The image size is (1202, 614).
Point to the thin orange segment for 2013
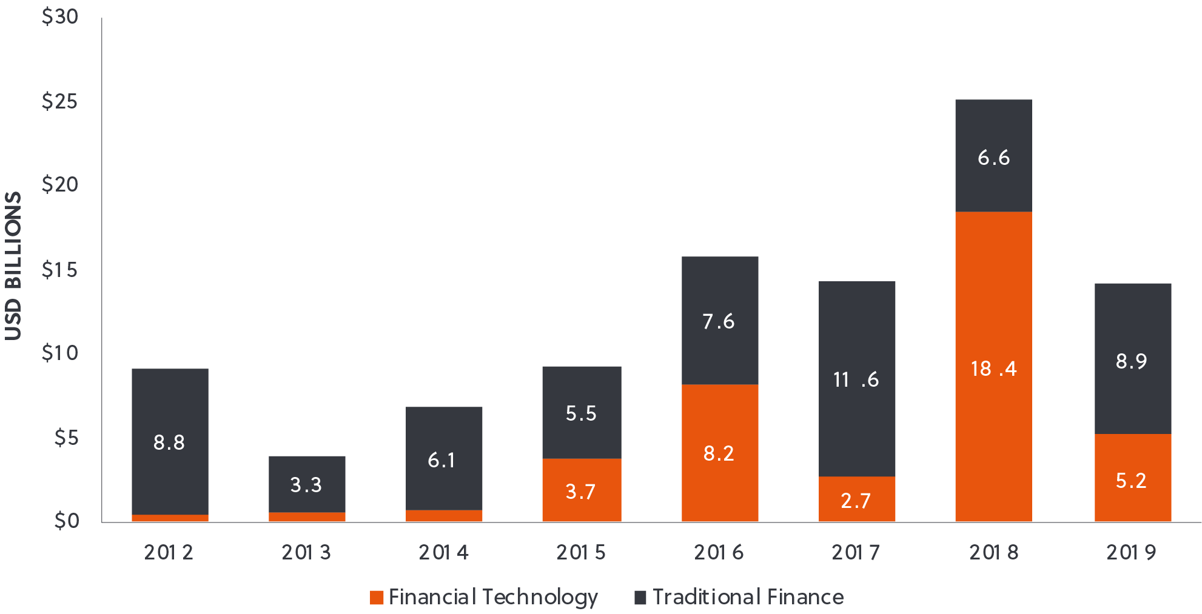[x=307, y=517]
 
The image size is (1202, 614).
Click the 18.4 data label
[x=993, y=369]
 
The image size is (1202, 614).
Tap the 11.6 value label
[x=856, y=380]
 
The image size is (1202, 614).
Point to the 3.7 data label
[x=580, y=492]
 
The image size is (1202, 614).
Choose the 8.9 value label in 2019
[x=1132, y=361]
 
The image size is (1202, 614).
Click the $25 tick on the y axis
[x=59, y=101]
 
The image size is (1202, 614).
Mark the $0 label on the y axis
[x=67, y=521]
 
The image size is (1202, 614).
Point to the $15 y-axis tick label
[x=59, y=270]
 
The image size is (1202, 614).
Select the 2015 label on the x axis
[x=581, y=552]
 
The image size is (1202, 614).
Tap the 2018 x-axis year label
[x=993, y=552]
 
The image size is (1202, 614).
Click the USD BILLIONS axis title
[x=13, y=266]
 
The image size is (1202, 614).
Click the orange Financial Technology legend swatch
[x=377, y=598]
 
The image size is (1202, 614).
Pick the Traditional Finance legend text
[x=748, y=597]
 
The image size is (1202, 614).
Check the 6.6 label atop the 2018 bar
[x=993, y=158]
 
